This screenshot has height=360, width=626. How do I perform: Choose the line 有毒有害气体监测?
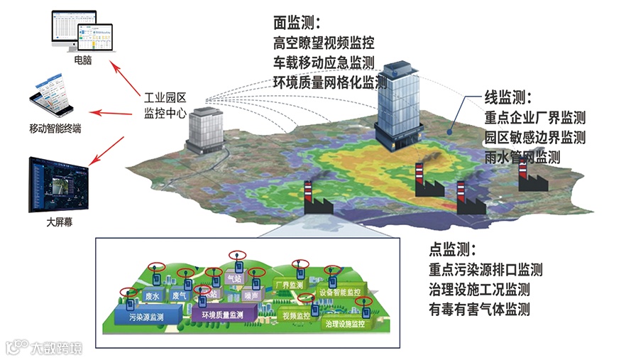coord(479,310)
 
